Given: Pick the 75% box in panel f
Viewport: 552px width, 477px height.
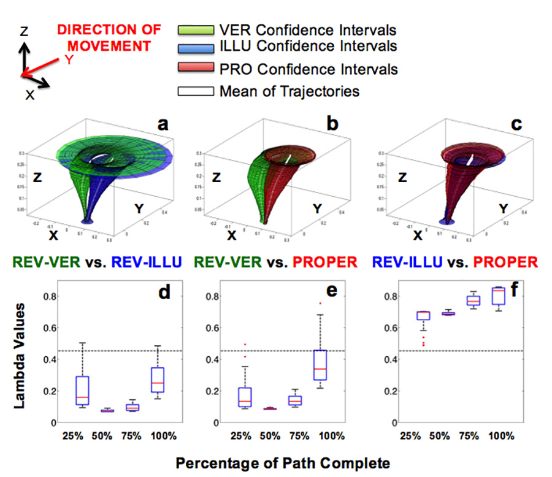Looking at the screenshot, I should pyautogui.click(x=473, y=300).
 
